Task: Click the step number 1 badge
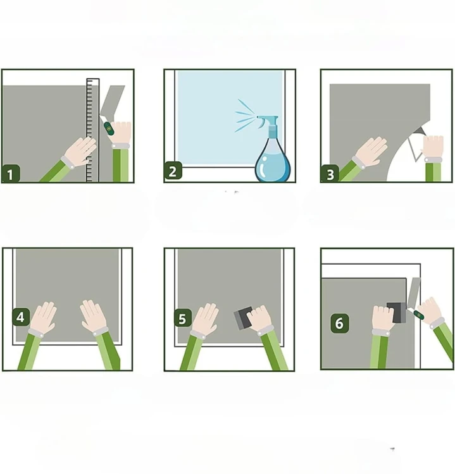tap(11, 174)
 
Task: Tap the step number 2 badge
tap(173, 171)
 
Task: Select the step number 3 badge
tap(330, 174)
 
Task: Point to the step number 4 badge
tap(21, 317)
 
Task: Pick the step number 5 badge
tap(183, 318)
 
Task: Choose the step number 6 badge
tap(340, 323)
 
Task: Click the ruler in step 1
tap(92, 130)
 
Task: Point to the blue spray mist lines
tap(245, 116)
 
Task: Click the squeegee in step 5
tap(243, 318)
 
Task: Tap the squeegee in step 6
tap(397, 313)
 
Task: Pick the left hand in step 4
tap(43, 317)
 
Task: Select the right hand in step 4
tap(93, 316)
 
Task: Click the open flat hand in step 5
tap(205, 319)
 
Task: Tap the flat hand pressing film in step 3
tap(371, 152)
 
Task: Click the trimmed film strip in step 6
tap(414, 291)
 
